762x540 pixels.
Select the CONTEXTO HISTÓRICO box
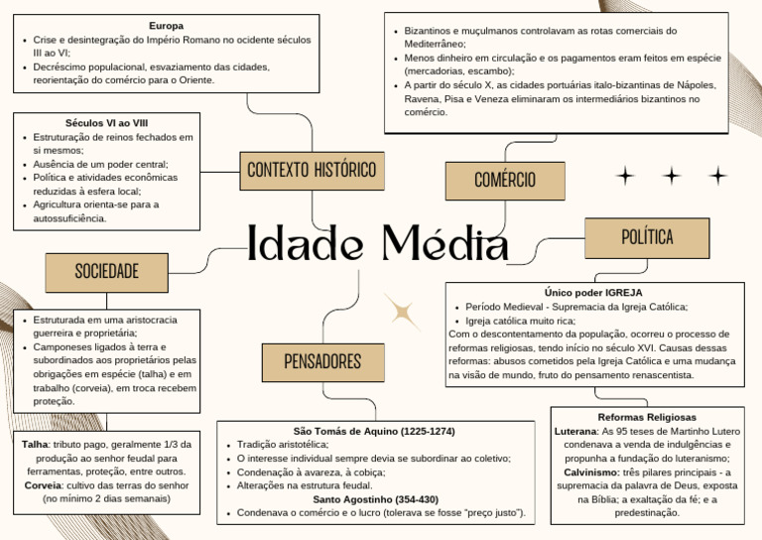tap(312, 170)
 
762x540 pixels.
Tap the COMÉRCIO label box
tap(505, 180)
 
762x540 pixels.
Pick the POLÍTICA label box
tap(647, 237)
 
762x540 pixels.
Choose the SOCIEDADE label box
tap(107, 271)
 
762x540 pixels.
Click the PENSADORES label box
tap(322, 361)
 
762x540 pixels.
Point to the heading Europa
tap(167, 25)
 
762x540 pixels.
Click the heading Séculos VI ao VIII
tap(106, 123)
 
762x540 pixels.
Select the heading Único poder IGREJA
tap(593, 293)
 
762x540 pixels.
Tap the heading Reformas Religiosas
tap(647, 417)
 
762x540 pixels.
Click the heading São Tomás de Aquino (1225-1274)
tap(374, 432)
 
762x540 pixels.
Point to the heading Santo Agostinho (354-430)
tap(375, 499)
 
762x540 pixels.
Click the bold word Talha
tap(36, 445)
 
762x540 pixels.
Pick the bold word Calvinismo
tap(592, 472)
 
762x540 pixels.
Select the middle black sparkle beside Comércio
tap(672, 177)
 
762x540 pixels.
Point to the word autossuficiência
tap(69, 217)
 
